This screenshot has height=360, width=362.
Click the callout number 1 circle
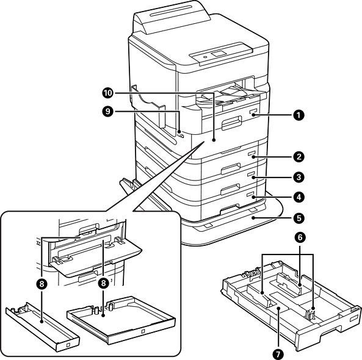[299, 115]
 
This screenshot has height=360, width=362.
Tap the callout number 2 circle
[299, 157]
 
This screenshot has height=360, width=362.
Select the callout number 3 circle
[299, 177]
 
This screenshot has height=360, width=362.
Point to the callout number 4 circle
[299, 197]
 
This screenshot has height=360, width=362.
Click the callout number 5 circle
[299, 218]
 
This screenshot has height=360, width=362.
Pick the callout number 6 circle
[300, 238]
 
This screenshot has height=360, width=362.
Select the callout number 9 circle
[107, 111]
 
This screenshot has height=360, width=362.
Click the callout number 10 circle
[107, 93]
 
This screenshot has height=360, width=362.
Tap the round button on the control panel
[205, 57]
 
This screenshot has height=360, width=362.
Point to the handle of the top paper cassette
[231, 122]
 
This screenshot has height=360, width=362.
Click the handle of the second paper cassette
[231, 168]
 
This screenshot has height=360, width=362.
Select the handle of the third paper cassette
[230, 189]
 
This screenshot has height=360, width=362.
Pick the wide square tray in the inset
[121, 320]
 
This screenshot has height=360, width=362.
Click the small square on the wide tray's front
[143, 331]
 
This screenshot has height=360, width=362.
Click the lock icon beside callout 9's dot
[181, 136]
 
